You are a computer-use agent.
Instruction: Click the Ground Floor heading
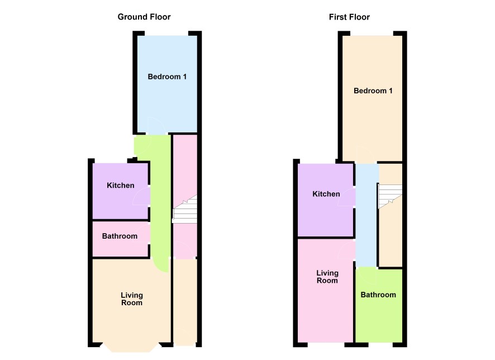(144, 17)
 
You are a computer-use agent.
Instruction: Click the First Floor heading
(349, 17)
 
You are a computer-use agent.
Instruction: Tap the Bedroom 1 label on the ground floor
(167, 77)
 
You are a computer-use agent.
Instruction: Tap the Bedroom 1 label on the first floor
(373, 91)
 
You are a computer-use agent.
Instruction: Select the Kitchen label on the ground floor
(120, 186)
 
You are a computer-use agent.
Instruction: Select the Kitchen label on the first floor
(326, 194)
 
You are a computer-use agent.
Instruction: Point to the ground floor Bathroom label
(120, 236)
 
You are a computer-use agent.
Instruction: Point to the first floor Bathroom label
(378, 295)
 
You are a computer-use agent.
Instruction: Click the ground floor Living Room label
(132, 299)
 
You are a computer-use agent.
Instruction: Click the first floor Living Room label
(327, 277)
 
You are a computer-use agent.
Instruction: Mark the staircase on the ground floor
(185, 210)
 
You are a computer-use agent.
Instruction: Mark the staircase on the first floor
(390, 196)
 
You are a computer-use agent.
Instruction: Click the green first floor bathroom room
(379, 305)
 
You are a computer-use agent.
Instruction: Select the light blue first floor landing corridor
(367, 215)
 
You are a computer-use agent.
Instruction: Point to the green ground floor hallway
(160, 202)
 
